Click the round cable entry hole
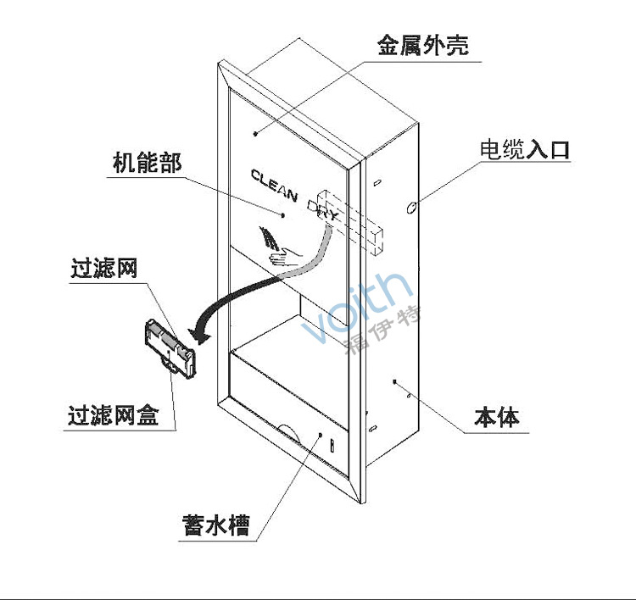pyautogui.click(x=412, y=207)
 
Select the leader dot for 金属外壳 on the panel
pyautogui.click(x=255, y=134)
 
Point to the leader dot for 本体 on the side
pyautogui.click(x=395, y=381)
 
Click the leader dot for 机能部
pyautogui.click(x=284, y=214)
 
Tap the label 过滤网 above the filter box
pyautogui.click(x=103, y=269)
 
